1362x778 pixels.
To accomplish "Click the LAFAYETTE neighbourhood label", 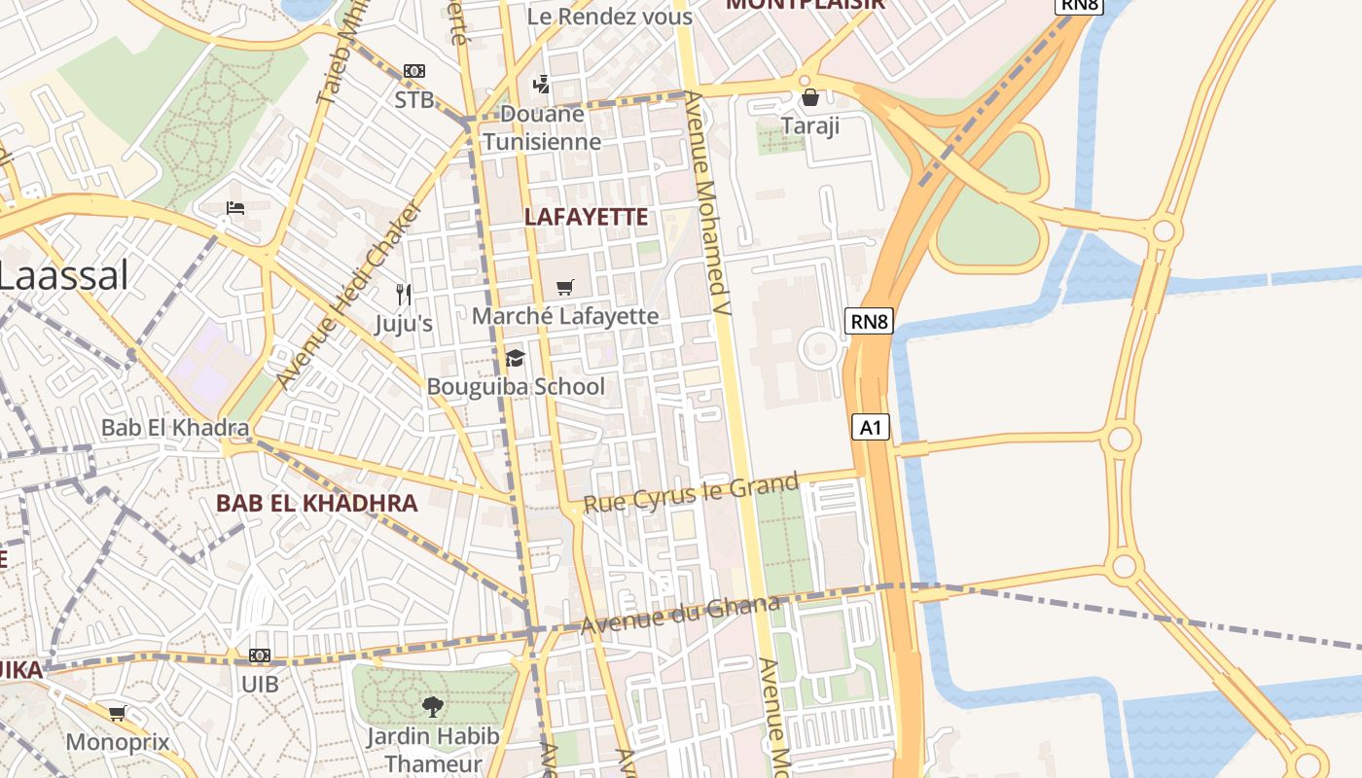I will pos(586,217).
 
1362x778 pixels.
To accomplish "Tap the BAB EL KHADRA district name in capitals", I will pos(317,503).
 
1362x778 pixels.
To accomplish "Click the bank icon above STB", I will pos(414,71).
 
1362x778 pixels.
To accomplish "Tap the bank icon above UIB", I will pos(260,655).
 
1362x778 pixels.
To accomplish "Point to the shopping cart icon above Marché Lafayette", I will pos(564,287).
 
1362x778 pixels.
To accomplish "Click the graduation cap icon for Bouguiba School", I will pos(515,358).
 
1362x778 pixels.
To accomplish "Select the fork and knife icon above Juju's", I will pos(404,294).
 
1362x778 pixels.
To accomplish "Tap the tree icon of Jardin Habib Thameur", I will pos(433,706).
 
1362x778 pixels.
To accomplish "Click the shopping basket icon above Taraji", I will pos(809,97).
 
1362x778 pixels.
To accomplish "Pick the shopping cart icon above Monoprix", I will pos(118,714).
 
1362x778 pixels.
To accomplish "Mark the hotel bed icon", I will pos(234,207).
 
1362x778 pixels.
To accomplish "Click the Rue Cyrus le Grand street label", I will pos(691,492).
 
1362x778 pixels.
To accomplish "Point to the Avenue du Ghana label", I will pos(680,616).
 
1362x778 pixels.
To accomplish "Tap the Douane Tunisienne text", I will pos(542,127).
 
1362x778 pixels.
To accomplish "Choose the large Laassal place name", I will pos(63,275).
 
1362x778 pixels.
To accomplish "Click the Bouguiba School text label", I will pos(516,386).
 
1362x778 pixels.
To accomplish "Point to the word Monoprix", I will pos(118,742).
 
